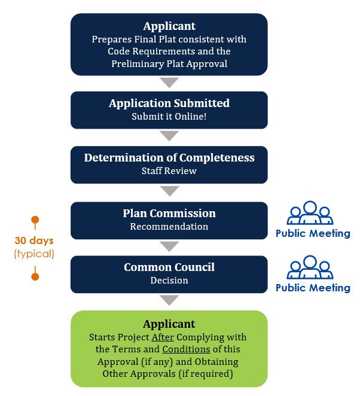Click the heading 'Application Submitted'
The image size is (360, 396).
coord(169,103)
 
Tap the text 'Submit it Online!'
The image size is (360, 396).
coord(169,117)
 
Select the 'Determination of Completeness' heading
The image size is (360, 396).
coord(169,158)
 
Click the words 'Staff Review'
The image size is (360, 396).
coord(169,171)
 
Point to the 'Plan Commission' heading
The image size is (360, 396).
coord(169,214)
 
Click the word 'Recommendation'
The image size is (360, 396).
coord(169,227)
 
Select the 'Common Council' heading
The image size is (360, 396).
coord(169,267)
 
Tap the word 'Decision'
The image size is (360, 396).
coord(169,281)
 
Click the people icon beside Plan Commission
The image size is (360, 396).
coord(310,213)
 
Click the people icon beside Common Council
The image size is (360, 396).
coord(310,267)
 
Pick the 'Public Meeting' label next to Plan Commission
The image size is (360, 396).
coord(313,233)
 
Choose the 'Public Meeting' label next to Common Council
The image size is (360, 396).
coord(313,288)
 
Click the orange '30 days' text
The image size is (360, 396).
coord(35,241)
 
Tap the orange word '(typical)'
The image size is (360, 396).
coord(35,254)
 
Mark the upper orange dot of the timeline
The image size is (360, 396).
coord(35,220)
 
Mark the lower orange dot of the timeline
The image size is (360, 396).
coord(35,276)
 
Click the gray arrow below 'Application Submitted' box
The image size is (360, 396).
coord(170,136)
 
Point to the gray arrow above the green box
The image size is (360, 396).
coord(170,300)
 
